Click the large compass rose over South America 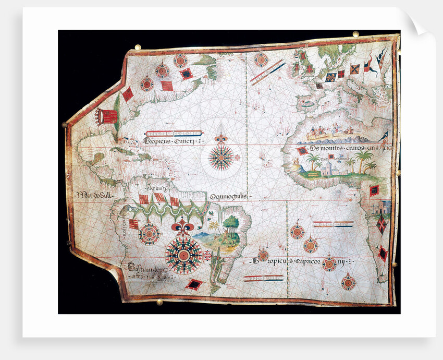(183, 255)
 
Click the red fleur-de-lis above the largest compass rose (183, 227)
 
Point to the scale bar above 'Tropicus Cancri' (174, 133)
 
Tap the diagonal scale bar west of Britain (267, 71)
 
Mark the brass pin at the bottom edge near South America (159, 302)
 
